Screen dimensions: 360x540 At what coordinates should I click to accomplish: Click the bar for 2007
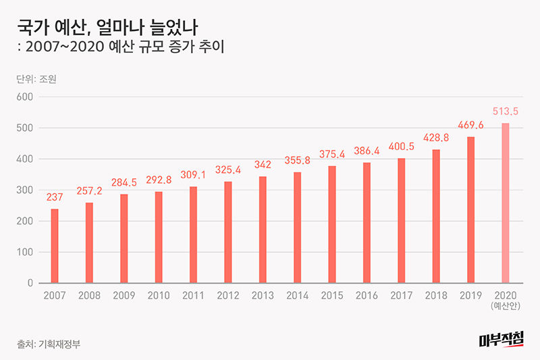[x=55, y=246]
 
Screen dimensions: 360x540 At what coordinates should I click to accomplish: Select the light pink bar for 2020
[x=506, y=203]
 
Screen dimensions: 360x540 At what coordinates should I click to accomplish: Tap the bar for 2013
[x=263, y=230]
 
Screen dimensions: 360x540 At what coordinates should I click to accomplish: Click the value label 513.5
[x=506, y=111]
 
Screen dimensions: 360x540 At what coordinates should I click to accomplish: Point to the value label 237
[x=55, y=197]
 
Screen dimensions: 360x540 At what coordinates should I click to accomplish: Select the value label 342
[x=263, y=165]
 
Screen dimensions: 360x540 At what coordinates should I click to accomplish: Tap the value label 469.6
[x=470, y=125]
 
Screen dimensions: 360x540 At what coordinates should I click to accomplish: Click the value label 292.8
[x=159, y=180]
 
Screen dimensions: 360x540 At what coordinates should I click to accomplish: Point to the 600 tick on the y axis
[x=25, y=97]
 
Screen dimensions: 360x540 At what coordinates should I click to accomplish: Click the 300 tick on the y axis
[x=25, y=190]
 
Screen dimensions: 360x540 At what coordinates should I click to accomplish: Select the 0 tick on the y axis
[x=30, y=283]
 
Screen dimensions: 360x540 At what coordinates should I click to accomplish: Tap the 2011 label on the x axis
[x=193, y=296]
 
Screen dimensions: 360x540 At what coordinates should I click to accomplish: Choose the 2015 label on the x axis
[x=332, y=296]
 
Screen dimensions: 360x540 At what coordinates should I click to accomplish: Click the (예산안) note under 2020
[x=506, y=307]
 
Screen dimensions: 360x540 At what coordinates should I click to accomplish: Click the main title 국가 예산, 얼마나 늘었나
[x=98, y=27]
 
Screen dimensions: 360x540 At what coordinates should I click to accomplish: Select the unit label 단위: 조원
[x=37, y=78]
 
